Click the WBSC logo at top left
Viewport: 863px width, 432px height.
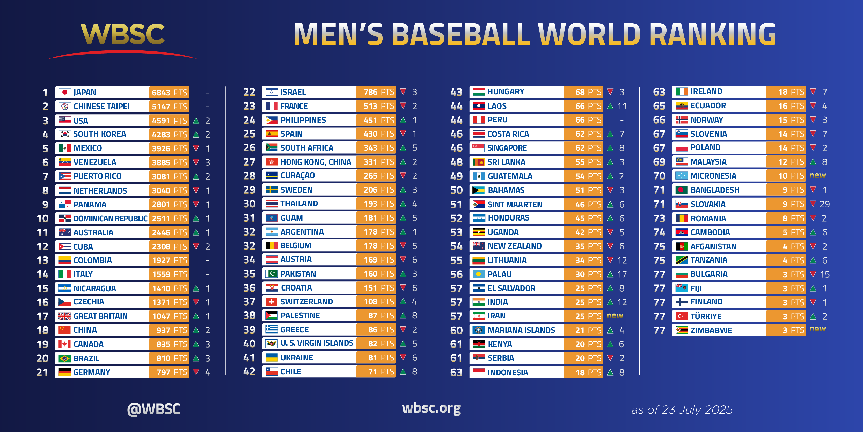point(123,34)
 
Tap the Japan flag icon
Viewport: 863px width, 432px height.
point(65,92)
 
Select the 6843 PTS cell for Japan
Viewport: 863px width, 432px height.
point(169,92)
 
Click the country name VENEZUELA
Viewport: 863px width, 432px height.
point(95,162)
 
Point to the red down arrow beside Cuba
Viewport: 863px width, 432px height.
point(196,246)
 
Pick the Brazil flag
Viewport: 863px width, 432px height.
point(65,358)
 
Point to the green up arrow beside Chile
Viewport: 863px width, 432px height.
point(403,372)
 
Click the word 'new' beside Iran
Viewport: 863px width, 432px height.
point(615,316)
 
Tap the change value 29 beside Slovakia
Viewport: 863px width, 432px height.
point(824,204)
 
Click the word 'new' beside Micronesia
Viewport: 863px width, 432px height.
point(818,176)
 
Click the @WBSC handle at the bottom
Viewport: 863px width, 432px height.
point(154,409)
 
